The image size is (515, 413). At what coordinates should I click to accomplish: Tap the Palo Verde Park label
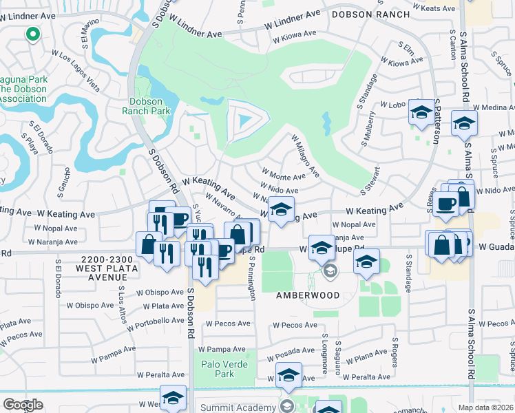(218, 369)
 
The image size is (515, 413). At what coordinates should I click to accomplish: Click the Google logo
(23, 405)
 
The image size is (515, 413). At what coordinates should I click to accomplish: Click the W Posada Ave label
(295, 350)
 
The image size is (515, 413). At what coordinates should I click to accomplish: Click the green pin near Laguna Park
(32, 34)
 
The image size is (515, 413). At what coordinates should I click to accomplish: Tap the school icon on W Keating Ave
(280, 209)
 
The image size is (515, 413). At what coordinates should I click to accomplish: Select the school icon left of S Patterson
(421, 112)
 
